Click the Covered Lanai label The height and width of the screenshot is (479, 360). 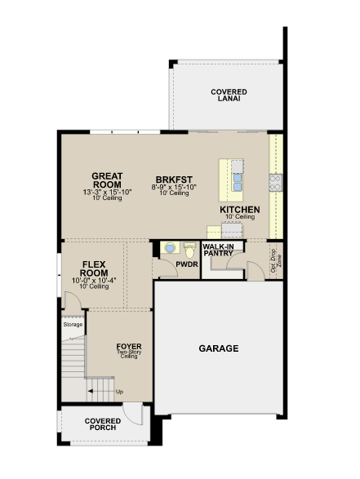(229, 95)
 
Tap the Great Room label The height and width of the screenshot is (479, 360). (107, 180)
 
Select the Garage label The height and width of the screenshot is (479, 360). (219, 348)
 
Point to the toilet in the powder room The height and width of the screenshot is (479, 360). (189, 250)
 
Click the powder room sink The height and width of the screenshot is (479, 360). (170, 247)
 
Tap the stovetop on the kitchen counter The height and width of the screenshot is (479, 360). (276, 183)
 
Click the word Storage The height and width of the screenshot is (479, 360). (73, 325)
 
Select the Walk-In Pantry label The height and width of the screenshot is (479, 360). (218, 250)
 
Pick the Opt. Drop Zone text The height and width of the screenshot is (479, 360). (276, 260)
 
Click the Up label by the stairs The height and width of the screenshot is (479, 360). (119, 392)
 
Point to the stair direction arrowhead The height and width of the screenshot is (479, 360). (90, 391)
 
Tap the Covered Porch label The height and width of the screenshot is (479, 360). (103, 424)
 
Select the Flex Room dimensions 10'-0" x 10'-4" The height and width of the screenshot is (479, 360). (94, 281)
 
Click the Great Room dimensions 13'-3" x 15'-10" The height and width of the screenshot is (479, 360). (107, 192)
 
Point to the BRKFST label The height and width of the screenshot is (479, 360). (174, 180)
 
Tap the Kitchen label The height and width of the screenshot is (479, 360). (240, 210)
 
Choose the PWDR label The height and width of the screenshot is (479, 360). (187, 264)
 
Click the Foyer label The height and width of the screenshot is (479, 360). (129, 347)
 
